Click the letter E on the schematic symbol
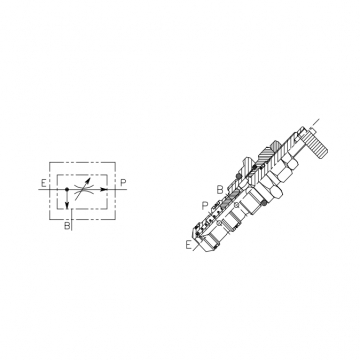pos(43,183)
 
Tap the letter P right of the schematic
pos(123,183)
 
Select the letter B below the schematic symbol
pos(67,226)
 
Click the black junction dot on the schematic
pos(67,189)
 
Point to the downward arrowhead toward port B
pos(67,205)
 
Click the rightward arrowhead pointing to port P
pos(104,189)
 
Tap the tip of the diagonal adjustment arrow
pos(89,179)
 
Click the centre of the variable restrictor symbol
pos(82,189)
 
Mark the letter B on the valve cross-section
pos(220,190)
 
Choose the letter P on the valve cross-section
pos(205,206)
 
